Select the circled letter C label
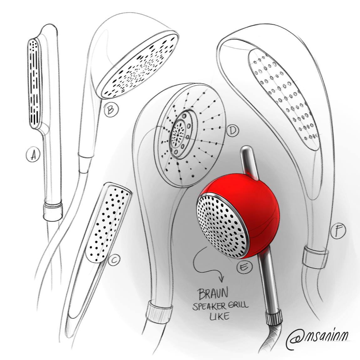(x=115, y=260)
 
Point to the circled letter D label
(x=232, y=131)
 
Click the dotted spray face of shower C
(x=108, y=222)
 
